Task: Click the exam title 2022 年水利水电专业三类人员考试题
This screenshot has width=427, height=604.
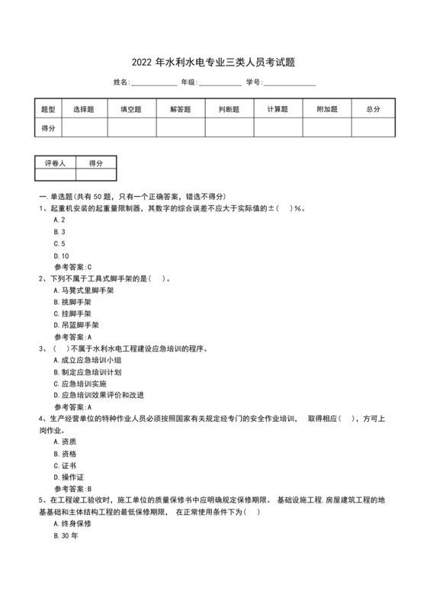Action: click(213, 62)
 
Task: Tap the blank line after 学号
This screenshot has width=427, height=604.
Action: click(289, 83)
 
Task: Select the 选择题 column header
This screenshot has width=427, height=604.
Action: click(84, 110)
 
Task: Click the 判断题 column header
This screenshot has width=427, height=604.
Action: click(229, 110)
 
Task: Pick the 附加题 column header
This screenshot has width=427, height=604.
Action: click(326, 110)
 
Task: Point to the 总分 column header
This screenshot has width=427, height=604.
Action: click(373, 110)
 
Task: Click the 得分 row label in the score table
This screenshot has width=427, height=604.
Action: click(48, 128)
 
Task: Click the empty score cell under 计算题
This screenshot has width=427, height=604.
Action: click(278, 128)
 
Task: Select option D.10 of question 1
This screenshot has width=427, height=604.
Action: click(62, 255)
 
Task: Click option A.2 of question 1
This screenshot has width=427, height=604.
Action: click(59, 220)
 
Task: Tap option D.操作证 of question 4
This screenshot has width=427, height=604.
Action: click(70, 477)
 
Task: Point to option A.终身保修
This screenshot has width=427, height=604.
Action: click(72, 523)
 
